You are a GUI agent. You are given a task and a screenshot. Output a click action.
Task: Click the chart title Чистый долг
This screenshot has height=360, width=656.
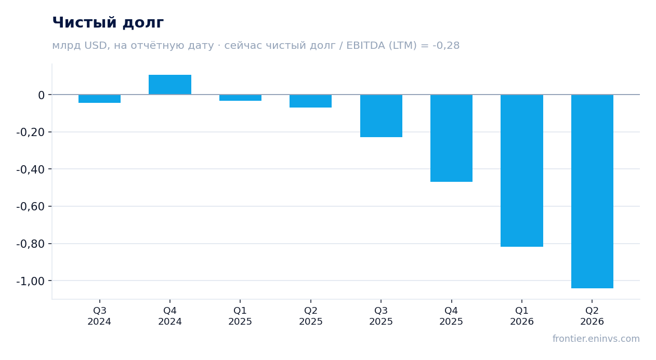108,23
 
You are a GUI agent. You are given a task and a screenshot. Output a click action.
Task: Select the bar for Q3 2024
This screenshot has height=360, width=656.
100,99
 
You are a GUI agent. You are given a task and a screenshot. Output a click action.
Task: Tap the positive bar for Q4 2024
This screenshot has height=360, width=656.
170,85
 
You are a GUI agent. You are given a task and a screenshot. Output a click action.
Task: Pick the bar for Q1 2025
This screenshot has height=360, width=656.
241,98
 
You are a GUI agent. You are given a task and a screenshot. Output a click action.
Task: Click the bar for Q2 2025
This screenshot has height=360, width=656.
311,101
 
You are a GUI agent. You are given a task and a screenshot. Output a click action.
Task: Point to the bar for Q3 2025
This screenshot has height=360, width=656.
382,116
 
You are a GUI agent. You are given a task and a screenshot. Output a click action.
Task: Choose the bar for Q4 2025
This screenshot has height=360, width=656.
451,138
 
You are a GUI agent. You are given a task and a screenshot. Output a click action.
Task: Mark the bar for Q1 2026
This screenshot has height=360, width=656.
522,170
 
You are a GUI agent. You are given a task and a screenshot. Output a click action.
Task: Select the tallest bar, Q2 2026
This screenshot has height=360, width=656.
592,191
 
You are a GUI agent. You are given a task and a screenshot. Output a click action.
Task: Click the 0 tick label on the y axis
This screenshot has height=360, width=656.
41,95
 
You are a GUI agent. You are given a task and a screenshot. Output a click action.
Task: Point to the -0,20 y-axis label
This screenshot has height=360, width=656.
31,132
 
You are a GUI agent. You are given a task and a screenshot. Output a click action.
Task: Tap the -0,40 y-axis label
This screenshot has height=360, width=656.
31,169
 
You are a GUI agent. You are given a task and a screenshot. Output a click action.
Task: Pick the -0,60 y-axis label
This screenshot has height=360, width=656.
31,207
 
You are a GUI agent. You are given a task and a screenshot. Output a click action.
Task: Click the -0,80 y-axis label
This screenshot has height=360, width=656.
31,244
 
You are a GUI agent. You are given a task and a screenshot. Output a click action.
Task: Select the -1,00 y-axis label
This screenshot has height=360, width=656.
31,281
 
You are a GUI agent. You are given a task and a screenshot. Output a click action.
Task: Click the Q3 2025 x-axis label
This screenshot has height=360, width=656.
381,316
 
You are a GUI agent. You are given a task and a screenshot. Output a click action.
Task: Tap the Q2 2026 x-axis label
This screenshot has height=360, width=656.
592,316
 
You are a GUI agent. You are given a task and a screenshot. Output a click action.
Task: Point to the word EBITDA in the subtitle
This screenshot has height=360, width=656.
366,46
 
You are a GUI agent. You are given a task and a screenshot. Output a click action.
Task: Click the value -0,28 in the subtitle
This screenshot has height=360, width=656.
446,46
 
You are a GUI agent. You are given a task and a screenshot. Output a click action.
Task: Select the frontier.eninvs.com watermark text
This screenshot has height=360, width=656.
596,339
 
